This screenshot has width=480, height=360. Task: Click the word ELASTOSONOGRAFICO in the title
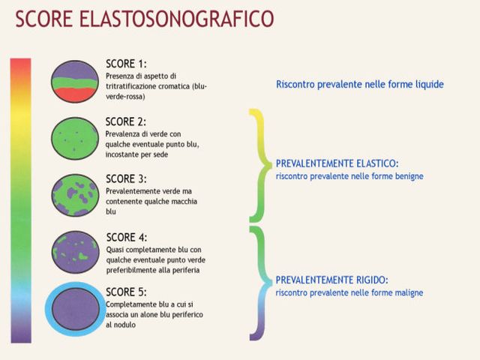tap(176, 19)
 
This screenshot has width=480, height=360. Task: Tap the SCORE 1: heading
tap(126, 64)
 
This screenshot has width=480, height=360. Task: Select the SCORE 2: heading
tap(126, 121)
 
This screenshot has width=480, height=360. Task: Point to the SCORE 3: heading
tap(126, 178)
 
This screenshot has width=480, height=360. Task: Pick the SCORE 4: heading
tap(127, 237)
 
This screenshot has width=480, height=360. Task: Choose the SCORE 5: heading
tap(126, 292)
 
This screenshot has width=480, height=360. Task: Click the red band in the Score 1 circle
tap(75, 94)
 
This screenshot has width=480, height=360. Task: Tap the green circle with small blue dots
tap(75, 139)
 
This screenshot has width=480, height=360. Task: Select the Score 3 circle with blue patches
tap(75, 195)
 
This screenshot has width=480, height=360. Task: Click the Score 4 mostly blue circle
tap(75, 252)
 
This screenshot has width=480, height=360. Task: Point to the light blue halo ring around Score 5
tap(49, 309)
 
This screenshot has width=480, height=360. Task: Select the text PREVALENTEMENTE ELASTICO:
tap(337, 163)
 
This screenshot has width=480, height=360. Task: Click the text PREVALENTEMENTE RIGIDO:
tap(331, 280)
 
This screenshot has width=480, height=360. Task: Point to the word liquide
tap(429, 84)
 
